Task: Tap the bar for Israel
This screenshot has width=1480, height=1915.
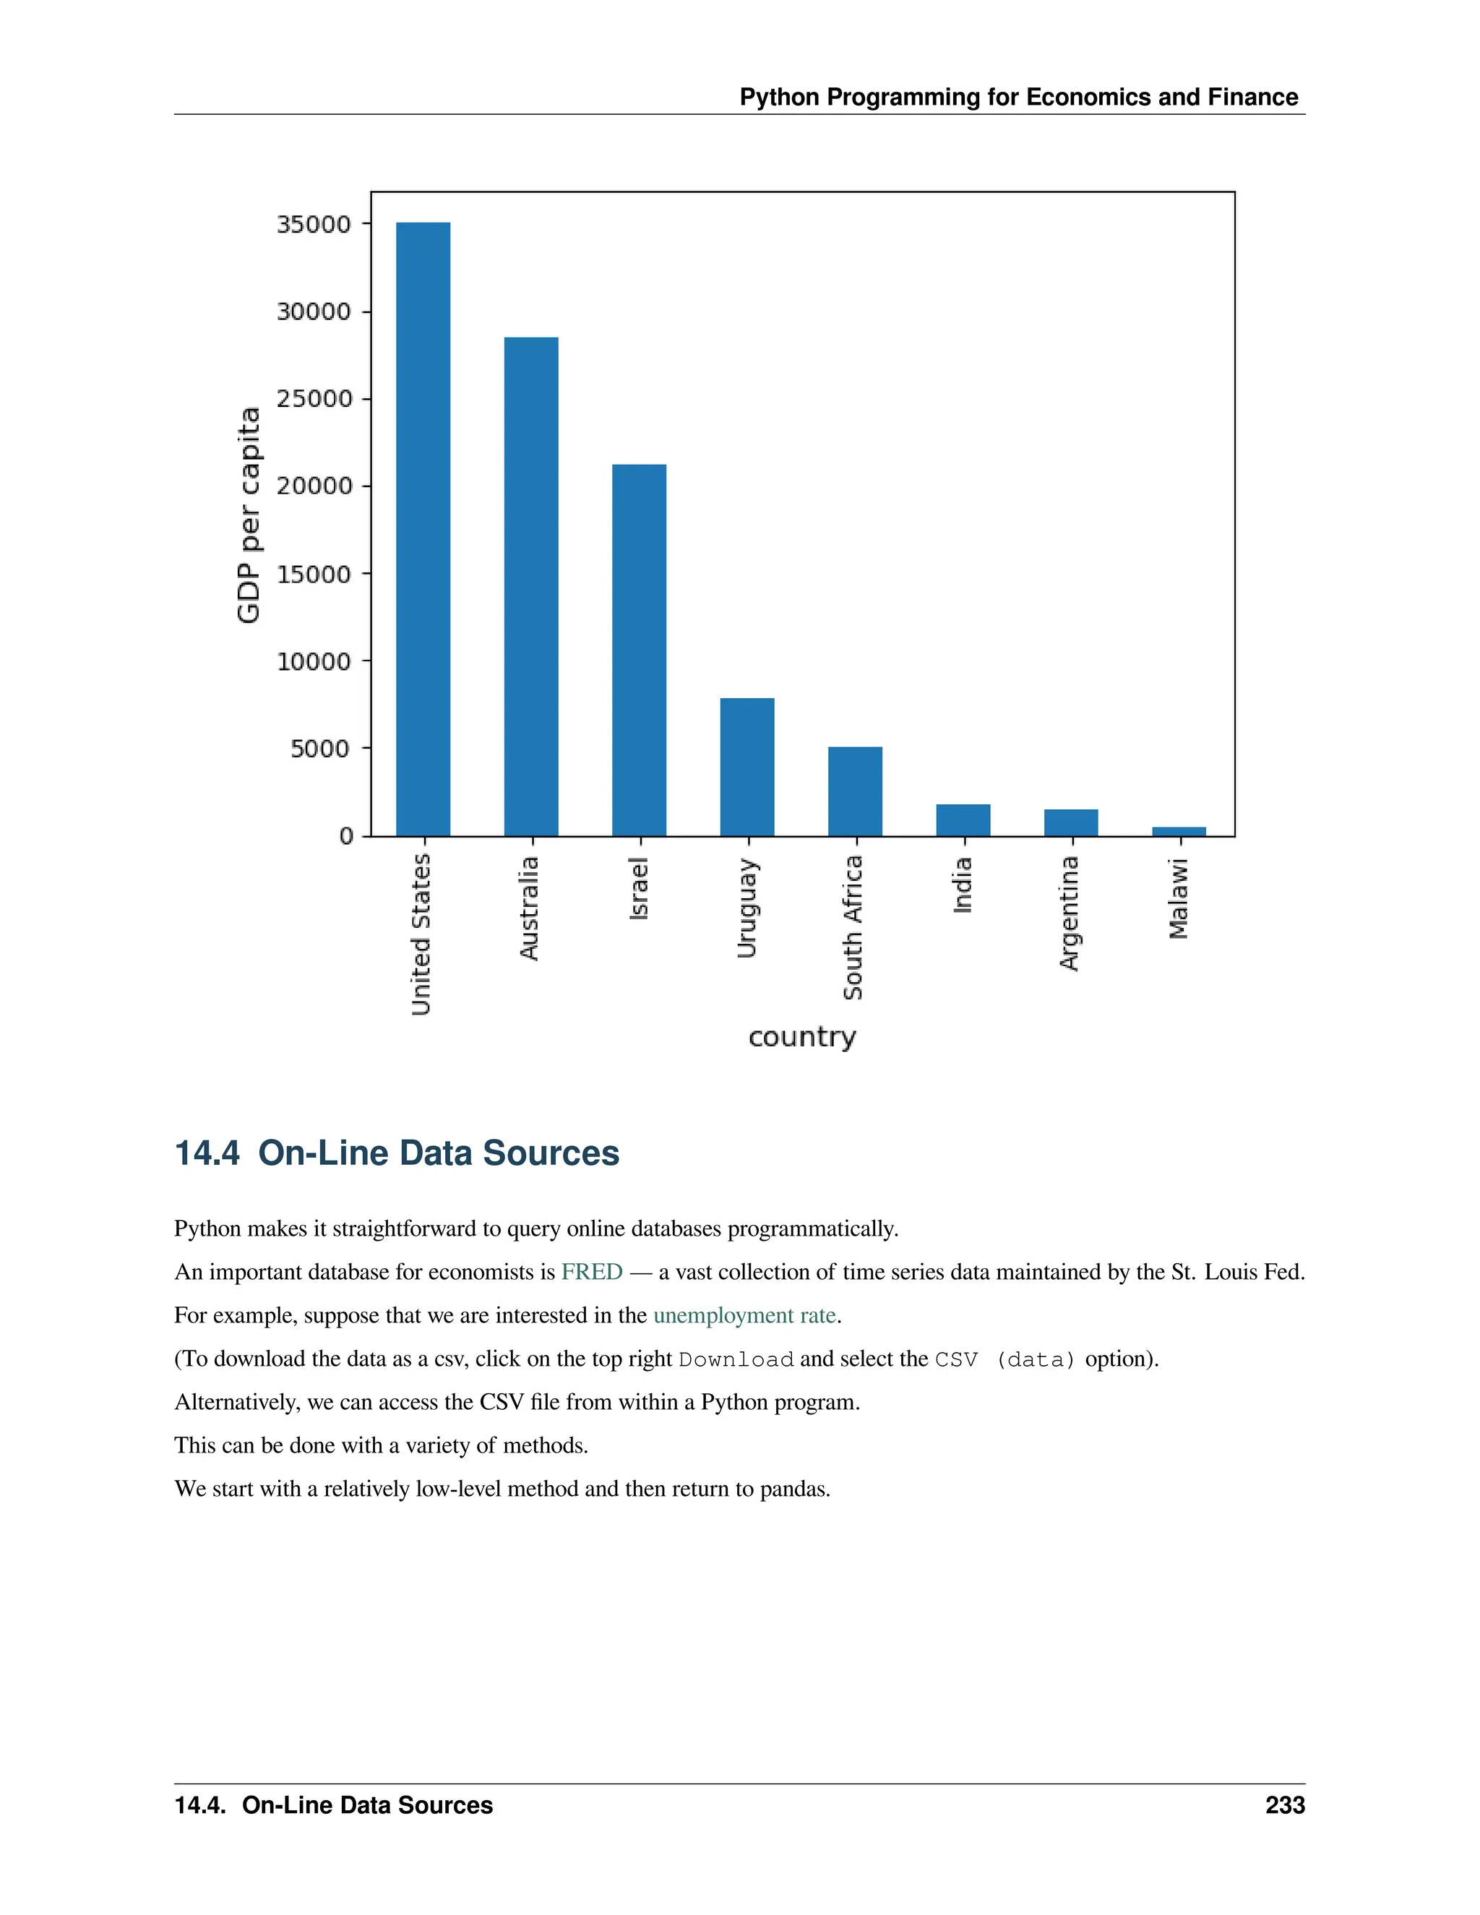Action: (638, 650)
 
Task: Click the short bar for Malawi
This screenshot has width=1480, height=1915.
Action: (1179, 831)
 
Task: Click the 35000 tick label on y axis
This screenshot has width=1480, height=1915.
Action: (314, 225)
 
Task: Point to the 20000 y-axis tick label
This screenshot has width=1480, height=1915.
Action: (314, 486)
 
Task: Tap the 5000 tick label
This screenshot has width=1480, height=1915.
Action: (320, 748)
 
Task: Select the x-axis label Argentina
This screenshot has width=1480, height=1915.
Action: (1069, 913)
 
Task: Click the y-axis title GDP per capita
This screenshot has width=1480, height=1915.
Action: (249, 515)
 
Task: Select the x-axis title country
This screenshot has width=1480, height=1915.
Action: (801, 1036)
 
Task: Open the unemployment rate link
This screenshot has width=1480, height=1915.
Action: (744, 1315)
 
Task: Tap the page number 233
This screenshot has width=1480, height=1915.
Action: (1284, 1804)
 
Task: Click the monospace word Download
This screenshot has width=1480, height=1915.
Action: (736, 1359)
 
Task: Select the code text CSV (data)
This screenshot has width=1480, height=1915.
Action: (1004, 1359)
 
